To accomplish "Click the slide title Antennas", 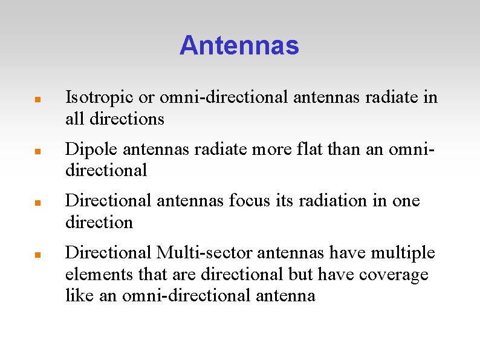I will pos(239,45).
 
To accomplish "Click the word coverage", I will pos(394,274).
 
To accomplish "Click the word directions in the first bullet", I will pos(126,119).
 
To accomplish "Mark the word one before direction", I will pos(406,200).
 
